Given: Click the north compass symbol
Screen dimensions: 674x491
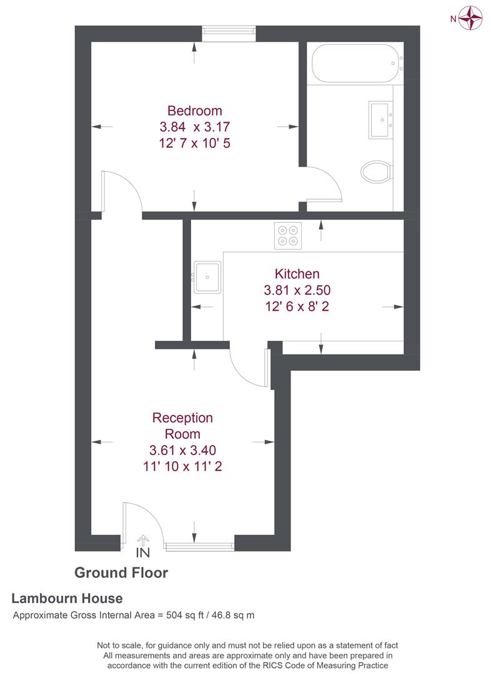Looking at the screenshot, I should tap(470, 17).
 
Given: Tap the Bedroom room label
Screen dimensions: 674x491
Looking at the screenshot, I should tap(195, 111).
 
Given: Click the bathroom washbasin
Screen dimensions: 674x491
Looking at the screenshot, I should tap(380, 119).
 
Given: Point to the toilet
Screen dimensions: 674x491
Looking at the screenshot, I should tap(377, 171).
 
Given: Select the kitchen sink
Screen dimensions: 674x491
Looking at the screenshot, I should tap(206, 276).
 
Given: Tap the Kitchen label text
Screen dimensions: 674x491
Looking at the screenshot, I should tap(297, 273).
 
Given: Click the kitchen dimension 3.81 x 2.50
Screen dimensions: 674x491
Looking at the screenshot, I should tap(297, 290).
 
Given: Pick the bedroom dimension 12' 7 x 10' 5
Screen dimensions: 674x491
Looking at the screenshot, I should tap(195, 143).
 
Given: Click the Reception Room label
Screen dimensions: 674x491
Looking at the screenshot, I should tap(183, 426).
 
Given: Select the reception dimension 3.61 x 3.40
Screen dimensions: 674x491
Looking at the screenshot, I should tap(183, 450).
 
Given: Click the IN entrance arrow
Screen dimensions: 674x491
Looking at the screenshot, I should tap(143, 541).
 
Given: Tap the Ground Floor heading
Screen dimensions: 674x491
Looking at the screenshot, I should tap(121, 572).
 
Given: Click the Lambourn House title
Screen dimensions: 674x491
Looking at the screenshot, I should tap(67, 598).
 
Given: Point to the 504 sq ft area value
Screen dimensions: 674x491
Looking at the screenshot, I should tap(186, 615).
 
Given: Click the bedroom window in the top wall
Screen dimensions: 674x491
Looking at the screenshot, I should tap(229, 34).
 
